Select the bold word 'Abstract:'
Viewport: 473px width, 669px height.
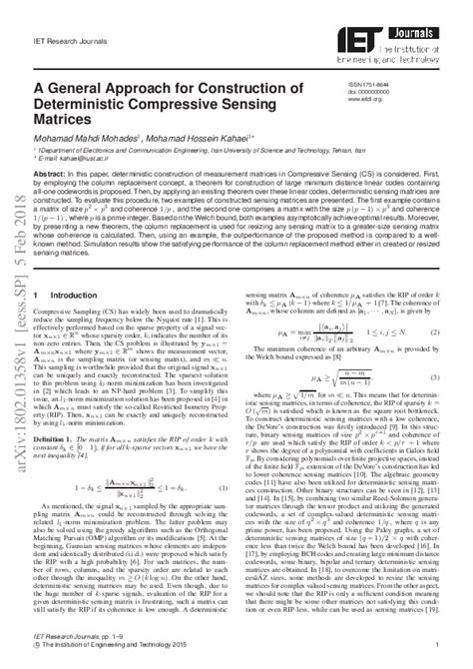tap(51, 171)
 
